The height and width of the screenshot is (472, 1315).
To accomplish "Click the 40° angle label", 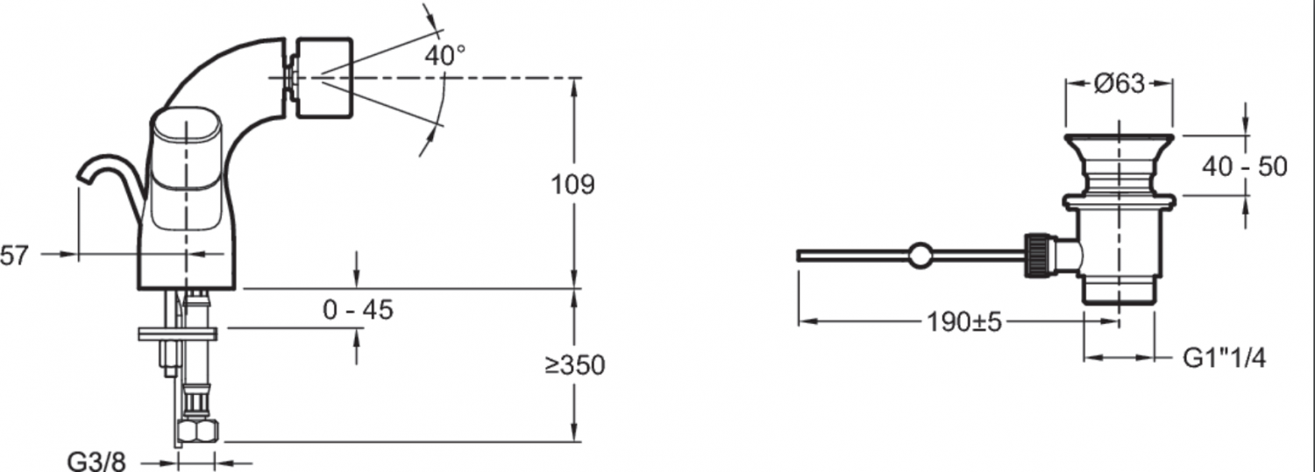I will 444,56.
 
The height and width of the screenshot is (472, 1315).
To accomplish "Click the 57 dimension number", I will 15,255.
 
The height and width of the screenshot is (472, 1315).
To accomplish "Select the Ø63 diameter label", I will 1120,84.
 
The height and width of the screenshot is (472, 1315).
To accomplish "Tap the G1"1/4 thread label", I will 1224,358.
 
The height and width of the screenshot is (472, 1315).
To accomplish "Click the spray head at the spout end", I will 323,77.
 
